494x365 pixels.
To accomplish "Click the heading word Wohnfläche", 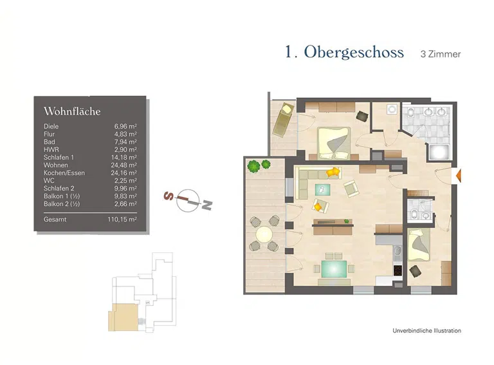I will pyautogui.click(x=71, y=111).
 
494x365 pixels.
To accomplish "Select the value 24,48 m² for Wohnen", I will pyautogui.click(x=125, y=165).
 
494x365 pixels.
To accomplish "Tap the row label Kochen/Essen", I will pyautogui.click(x=64, y=173).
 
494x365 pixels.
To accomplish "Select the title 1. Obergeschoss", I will pyautogui.click(x=344, y=53).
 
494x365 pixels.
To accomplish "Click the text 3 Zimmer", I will pyautogui.click(x=440, y=54).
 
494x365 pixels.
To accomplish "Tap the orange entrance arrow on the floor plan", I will pyautogui.click(x=458, y=175).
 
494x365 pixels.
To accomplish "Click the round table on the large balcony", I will pyautogui.click(x=264, y=236).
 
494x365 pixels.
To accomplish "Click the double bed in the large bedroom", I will pyautogui.click(x=334, y=142).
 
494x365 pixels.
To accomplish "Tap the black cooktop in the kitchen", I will pyautogui.click(x=397, y=271).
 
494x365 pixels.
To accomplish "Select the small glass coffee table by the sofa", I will pyautogui.click(x=321, y=189).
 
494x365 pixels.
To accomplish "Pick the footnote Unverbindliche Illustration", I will pyautogui.click(x=426, y=331).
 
